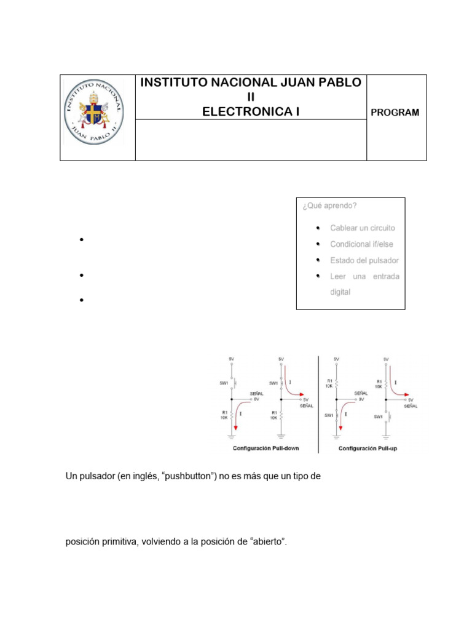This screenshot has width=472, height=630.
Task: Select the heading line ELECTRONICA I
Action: (x=251, y=111)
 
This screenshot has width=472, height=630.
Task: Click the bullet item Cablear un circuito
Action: (x=363, y=228)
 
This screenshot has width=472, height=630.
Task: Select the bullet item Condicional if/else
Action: (x=361, y=244)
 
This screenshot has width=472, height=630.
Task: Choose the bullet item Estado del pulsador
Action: (x=364, y=260)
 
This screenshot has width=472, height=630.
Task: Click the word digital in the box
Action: (x=340, y=292)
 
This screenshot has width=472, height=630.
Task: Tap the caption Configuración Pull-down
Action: (x=265, y=449)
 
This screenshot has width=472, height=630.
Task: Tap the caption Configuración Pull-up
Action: (x=368, y=449)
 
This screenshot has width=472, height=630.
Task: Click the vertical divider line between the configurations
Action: (x=318, y=403)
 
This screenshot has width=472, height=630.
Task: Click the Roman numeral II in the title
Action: (x=251, y=97)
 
